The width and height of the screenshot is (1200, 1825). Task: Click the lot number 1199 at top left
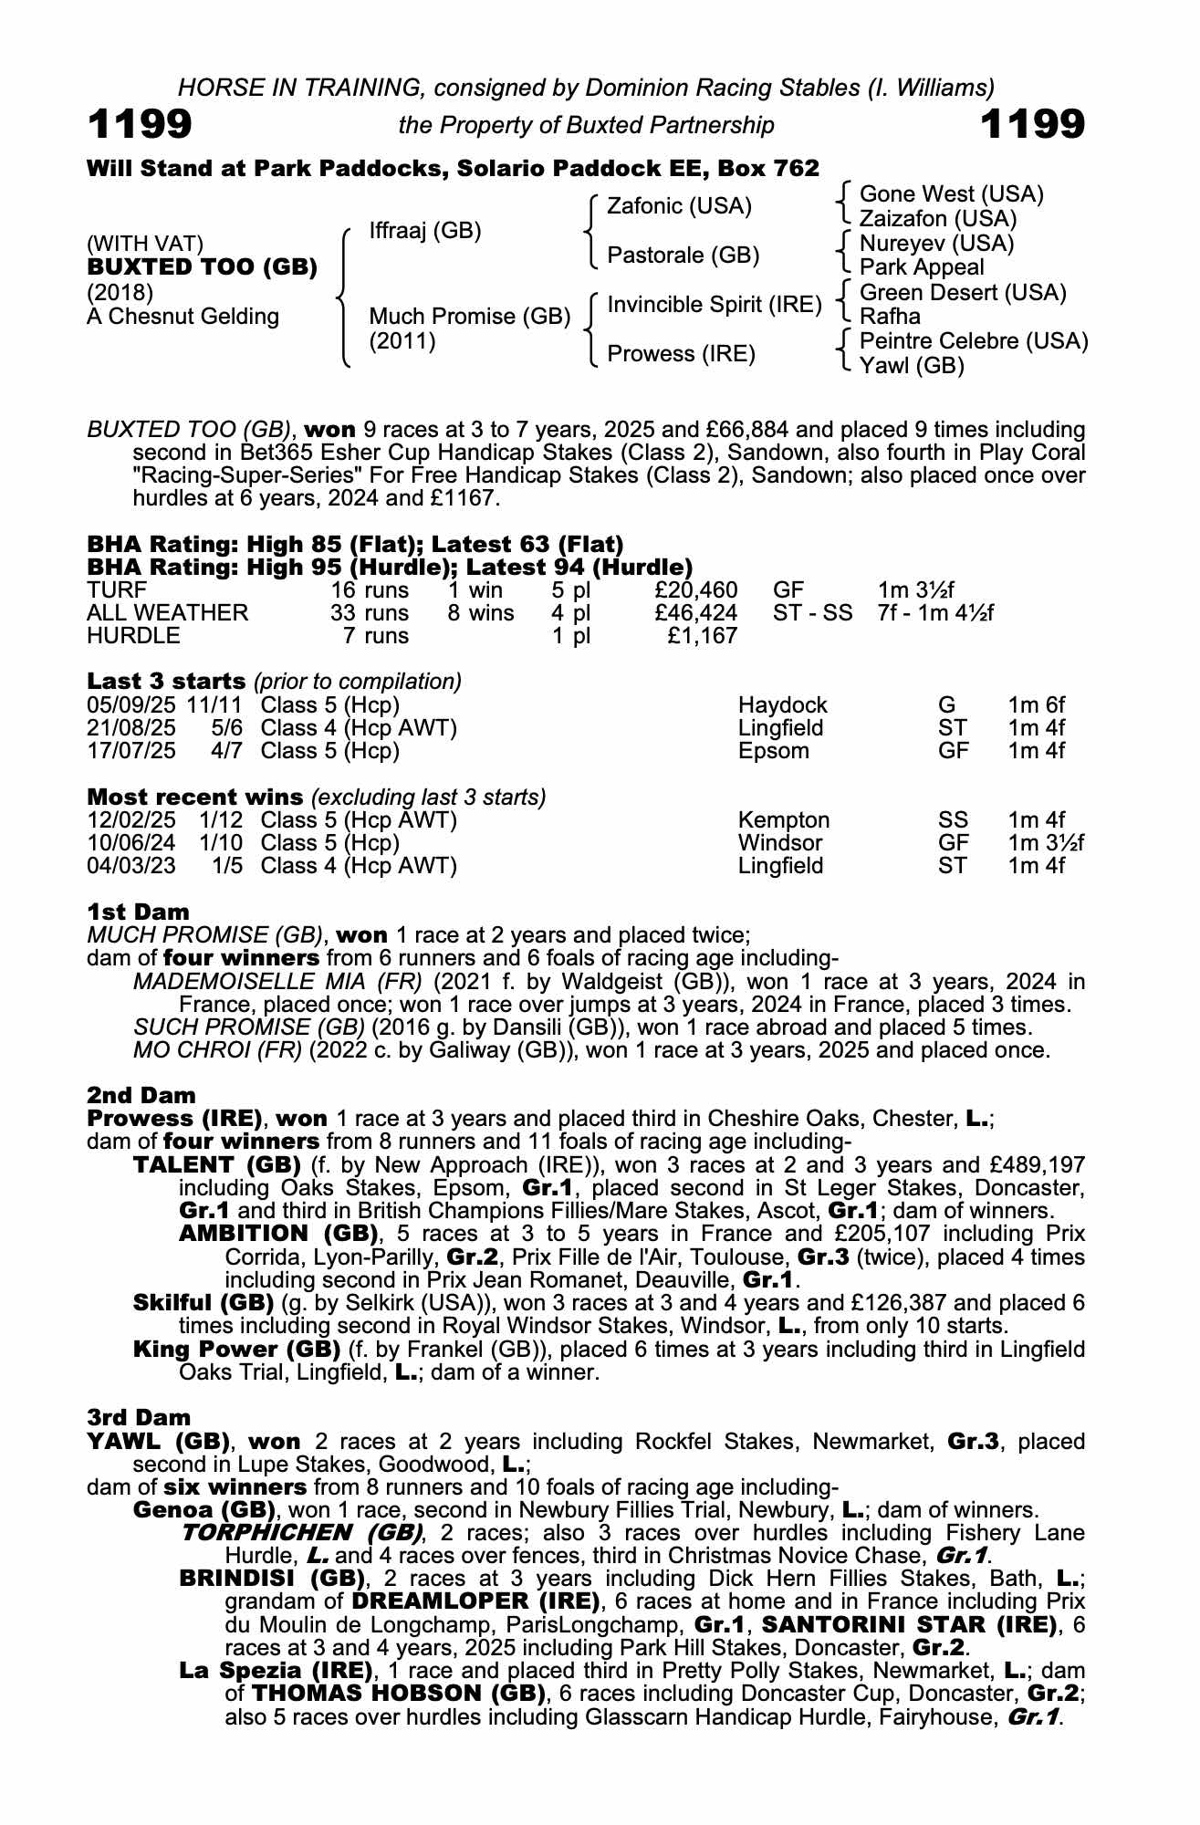140,125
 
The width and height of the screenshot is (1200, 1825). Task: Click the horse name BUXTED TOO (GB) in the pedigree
202,267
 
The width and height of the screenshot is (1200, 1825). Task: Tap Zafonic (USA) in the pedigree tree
679,206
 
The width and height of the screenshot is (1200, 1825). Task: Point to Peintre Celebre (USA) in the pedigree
974,341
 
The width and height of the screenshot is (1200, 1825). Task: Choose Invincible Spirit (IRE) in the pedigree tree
715,304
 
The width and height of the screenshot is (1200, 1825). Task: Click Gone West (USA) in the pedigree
951,193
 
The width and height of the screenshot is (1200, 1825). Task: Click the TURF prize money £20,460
696,590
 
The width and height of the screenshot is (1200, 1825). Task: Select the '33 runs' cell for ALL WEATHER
369,613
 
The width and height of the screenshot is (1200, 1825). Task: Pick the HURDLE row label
133,636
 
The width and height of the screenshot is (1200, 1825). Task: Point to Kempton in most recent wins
783,820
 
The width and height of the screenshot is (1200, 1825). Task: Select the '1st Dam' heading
138,912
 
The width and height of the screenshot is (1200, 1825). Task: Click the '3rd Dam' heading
139,1417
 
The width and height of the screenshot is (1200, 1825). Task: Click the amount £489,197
1041,1165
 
